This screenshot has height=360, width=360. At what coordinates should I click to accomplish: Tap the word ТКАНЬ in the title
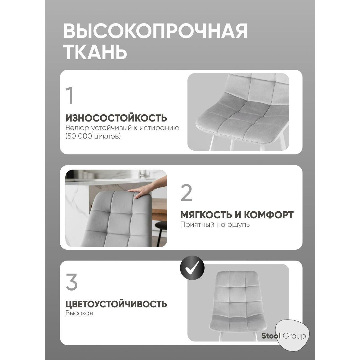tap(95, 52)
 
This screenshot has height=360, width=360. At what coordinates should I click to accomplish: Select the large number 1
tap(70, 96)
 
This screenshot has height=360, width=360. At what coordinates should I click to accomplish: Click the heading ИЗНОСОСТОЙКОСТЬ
tap(116, 118)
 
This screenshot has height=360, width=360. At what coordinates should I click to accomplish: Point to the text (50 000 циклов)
tap(93, 137)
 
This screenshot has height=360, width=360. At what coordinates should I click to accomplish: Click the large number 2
tap(186, 193)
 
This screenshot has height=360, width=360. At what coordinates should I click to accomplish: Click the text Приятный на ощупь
tap(215, 224)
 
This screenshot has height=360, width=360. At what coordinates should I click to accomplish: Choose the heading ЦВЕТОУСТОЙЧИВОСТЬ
tap(116, 304)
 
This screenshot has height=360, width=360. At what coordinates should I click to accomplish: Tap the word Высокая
tap(79, 313)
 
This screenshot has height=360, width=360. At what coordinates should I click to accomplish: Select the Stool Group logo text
tap(284, 336)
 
